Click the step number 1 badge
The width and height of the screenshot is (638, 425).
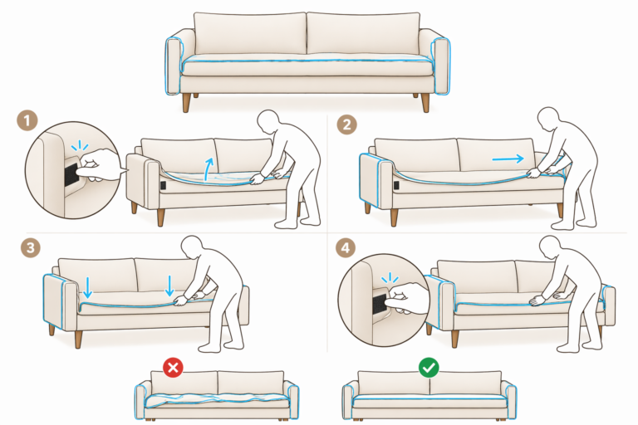27,120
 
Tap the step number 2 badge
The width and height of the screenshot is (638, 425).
346,124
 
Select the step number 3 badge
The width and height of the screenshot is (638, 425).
31,247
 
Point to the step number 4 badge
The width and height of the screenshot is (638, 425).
346,247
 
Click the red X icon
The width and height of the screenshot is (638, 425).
173,368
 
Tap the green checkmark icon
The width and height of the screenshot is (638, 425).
429,368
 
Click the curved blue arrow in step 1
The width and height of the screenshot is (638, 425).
208,169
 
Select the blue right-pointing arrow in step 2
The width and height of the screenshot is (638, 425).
508,159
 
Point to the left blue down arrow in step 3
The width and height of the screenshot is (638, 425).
87,287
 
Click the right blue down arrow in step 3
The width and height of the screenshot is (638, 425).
169,286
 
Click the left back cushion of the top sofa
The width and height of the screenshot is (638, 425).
250,33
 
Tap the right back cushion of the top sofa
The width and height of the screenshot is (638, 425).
363,33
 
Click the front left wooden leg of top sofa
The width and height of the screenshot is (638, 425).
186,102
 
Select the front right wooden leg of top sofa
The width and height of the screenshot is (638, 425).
425,102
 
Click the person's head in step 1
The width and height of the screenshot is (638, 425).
269,120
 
